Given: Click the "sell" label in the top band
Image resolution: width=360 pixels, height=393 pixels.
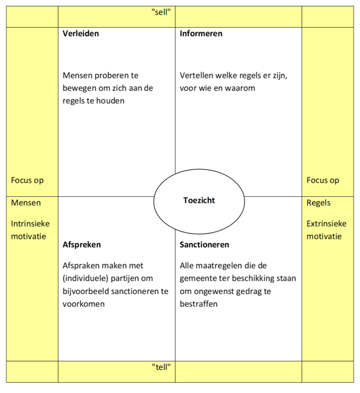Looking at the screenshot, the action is coord(161,12).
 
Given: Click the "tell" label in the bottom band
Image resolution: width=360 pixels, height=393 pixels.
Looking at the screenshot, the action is coord(161,367).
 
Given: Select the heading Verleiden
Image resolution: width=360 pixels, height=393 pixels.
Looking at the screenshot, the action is coord(81,33).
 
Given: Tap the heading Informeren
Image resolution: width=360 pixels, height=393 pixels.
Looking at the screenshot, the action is coord(201,33).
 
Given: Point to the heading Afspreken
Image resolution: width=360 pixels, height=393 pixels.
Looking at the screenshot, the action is coord(82,245).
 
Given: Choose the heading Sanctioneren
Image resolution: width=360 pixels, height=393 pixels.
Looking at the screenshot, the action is coord(204,245).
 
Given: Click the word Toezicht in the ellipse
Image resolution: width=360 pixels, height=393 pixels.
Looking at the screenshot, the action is coord(199,201).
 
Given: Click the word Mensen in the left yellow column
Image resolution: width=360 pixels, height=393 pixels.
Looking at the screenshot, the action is coord(26,203).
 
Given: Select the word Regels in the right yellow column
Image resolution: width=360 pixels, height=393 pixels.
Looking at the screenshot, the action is coord(319,203).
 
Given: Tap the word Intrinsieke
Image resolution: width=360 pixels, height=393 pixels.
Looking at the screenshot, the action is coord(30,224).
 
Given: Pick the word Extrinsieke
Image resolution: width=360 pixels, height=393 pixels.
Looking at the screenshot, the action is coord(326,224).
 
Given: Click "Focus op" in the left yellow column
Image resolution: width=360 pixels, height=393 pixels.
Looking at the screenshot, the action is coord(28,181).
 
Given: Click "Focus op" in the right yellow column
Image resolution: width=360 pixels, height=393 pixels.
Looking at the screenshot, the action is coord(323,181).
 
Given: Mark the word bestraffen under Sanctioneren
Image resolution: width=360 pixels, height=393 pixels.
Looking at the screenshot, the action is coord(199,304).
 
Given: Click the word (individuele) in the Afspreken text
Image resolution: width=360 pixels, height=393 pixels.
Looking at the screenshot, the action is coord(89,279).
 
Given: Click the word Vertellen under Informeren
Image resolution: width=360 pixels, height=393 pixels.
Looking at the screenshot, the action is coord(198,76).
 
